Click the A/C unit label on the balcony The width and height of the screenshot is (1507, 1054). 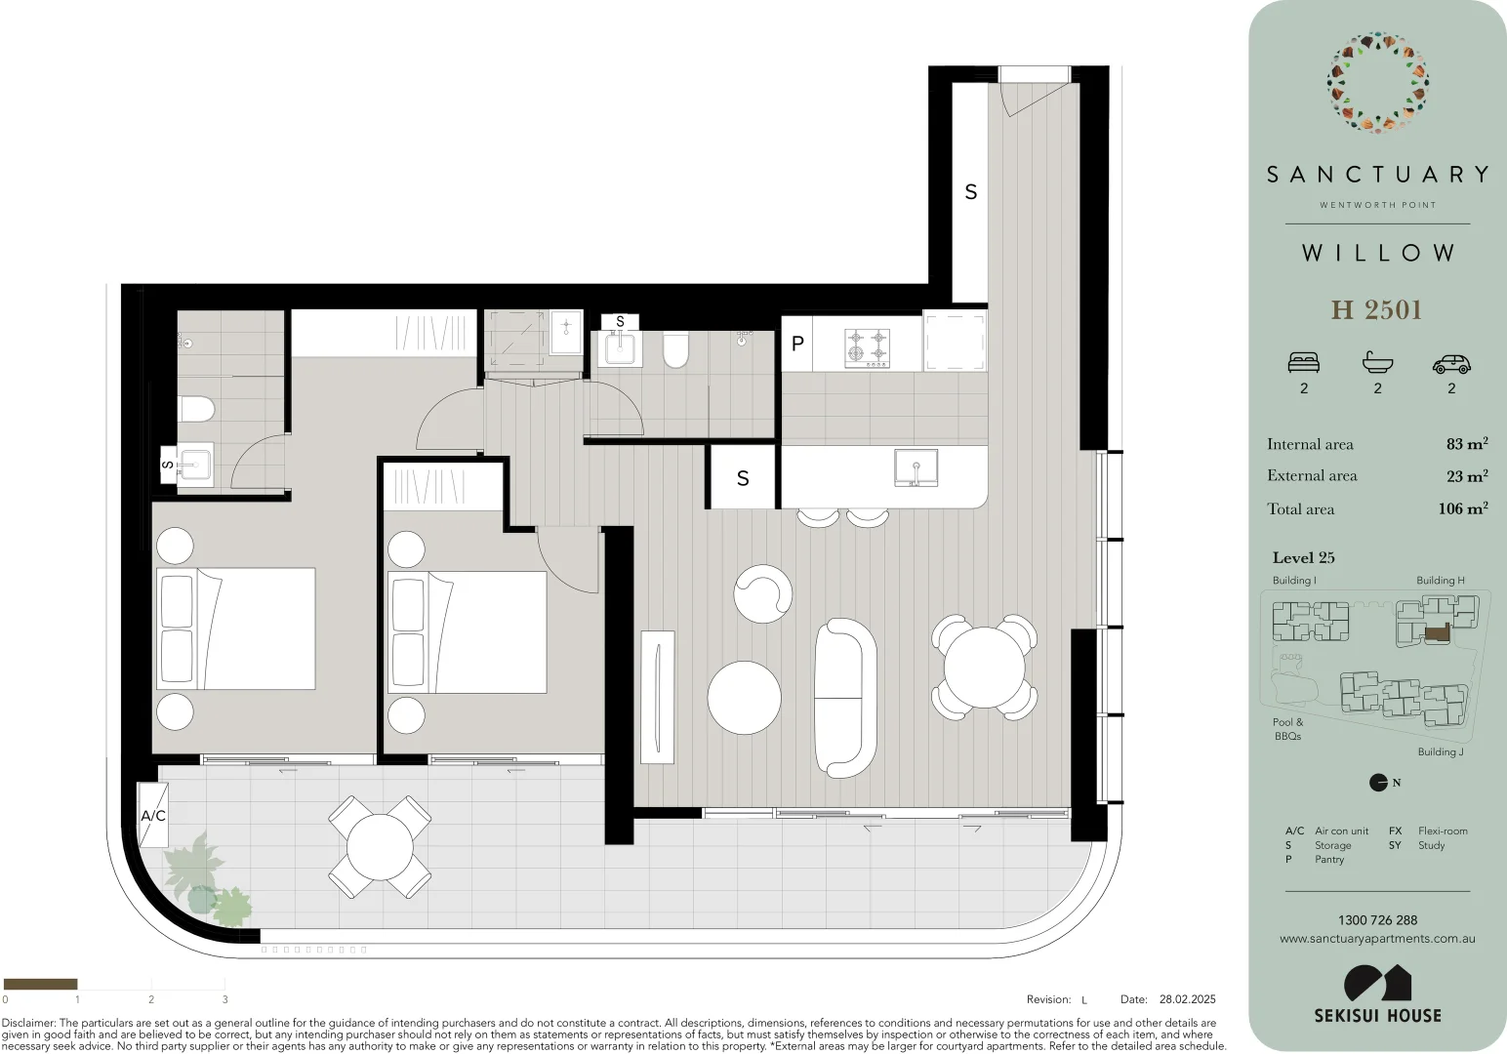pyautogui.click(x=153, y=815)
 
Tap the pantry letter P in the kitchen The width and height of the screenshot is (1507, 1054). pyautogui.click(x=797, y=344)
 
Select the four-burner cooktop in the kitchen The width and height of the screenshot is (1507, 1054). pyautogui.click(x=868, y=346)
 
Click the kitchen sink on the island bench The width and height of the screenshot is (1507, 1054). pyautogui.click(x=916, y=467)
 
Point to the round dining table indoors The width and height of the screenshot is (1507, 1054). pyautogui.click(x=984, y=667)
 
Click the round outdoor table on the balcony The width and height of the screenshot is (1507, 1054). pyautogui.click(x=380, y=847)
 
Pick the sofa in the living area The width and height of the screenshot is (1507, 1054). pyautogui.click(x=845, y=697)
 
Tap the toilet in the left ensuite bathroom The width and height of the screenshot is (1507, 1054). pyautogui.click(x=196, y=409)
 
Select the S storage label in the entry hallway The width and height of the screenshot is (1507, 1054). pyautogui.click(x=970, y=192)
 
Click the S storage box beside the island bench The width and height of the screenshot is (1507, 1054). pyautogui.click(x=743, y=478)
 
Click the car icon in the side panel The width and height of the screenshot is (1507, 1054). pyautogui.click(x=1450, y=364)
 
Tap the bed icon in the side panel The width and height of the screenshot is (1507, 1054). pyautogui.click(x=1303, y=363)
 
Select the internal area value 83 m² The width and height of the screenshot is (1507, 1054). pyautogui.click(x=1466, y=444)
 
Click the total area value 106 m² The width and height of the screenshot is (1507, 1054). pyautogui.click(x=1462, y=508)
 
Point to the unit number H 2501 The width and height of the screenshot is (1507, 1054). pyautogui.click(x=1376, y=310)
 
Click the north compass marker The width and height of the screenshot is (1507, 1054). pyautogui.click(x=1378, y=783)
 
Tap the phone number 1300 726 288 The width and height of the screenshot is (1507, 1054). pyautogui.click(x=1377, y=920)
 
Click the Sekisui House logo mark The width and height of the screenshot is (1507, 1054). pyautogui.click(x=1377, y=983)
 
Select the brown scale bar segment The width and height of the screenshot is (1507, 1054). pyautogui.click(x=40, y=984)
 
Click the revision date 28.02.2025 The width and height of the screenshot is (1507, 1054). pyautogui.click(x=1187, y=999)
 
